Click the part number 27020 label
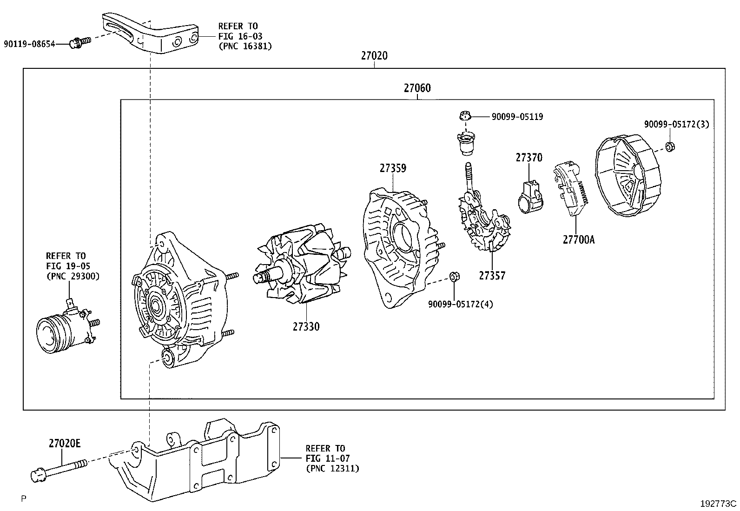click(374, 56)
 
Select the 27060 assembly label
click(417, 88)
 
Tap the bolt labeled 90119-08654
click(79, 43)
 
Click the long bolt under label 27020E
click(58, 470)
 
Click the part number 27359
click(393, 168)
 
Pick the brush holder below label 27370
click(530, 198)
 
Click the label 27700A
click(578, 240)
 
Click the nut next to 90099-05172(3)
click(670, 146)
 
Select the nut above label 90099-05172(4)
click(454, 278)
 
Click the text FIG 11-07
click(327, 458)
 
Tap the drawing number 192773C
click(719, 503)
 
